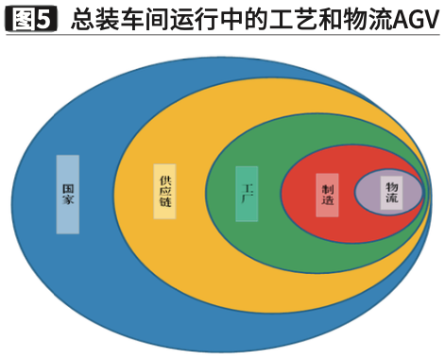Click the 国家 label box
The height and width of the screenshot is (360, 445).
[67, 194]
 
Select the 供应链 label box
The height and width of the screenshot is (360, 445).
[165, 192]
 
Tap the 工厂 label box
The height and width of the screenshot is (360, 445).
[247, 193]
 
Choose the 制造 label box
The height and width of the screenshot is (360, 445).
[327, 195]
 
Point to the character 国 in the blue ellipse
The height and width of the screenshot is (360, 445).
[67, 187]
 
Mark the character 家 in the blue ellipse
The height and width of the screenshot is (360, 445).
[67, 201]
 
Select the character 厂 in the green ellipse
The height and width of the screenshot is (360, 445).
[247, 200]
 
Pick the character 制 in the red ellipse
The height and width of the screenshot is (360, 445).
[327, 187]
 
